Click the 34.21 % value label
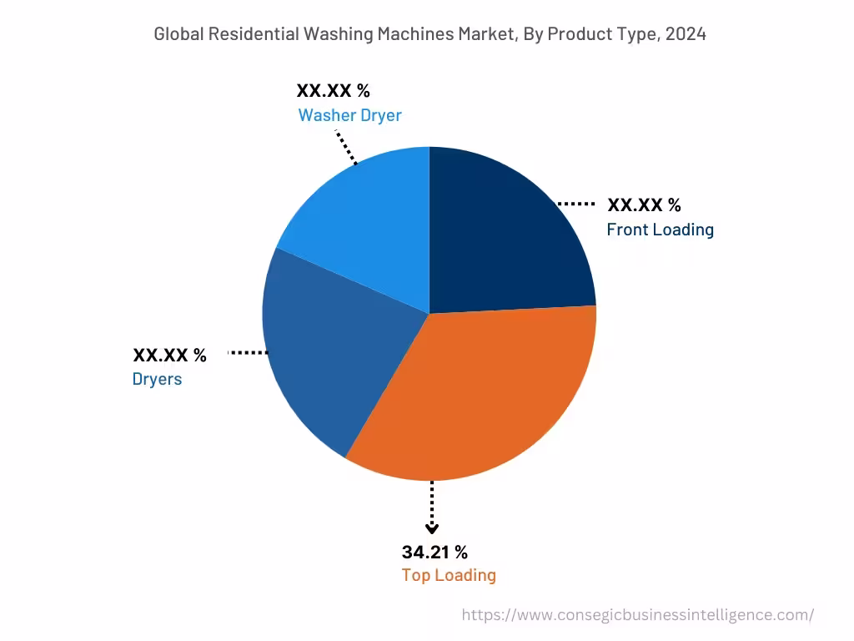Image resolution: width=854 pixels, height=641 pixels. (435, 552)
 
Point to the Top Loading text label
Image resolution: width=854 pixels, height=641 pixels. (449, 575)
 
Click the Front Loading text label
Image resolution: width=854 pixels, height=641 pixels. (660, 230)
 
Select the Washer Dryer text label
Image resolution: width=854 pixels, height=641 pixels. (349, 115)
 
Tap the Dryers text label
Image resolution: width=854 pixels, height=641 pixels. (157, 379)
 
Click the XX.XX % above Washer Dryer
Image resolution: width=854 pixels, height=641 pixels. (333, 91)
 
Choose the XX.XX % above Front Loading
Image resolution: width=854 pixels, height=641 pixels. (644, 205)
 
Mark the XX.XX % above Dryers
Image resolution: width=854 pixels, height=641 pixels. (169, 355)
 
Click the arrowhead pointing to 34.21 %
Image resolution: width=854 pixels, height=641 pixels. (431, 527)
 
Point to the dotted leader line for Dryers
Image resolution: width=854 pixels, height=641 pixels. (247, 353)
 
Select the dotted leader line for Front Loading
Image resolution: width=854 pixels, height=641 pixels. (575, 204)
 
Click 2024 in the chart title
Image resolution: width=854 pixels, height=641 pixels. (686, 34)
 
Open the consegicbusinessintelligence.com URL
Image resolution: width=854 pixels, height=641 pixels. (637, 615)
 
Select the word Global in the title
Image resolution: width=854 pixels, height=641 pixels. (178, 34)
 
